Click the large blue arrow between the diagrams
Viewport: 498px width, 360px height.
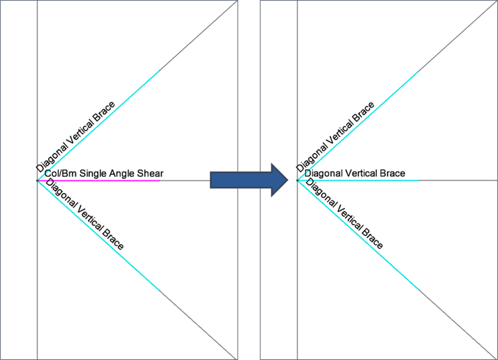[x=249, y=180]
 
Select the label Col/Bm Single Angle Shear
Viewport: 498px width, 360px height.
[x=104, y=174]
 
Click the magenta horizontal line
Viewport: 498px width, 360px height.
[x=99, y=180]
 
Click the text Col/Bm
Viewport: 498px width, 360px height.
[x=61, y=174]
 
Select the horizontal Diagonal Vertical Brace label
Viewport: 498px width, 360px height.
[x=355, y=173]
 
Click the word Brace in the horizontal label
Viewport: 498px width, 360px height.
[x=393, y=173]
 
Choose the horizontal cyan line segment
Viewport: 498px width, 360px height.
[x=358, y=180]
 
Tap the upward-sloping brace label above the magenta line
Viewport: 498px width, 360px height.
[x=75, y=137]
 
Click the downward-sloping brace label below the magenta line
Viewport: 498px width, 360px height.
[x=85, y=214]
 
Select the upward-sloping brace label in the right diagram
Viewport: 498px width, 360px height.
[x=335, y=137]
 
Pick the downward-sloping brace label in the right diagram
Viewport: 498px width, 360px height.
[x=345, y=214]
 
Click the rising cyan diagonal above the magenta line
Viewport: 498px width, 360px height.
[x=99, y=125]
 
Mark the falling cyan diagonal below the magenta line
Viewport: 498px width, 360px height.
[x=99, y=235]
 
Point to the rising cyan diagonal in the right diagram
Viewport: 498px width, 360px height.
[x=359, y=125]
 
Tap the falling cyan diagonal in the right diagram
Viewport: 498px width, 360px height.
[x=359, y=235]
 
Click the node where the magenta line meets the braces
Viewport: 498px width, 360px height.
[x=37, y=180]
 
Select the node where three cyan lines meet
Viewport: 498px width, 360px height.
[x=298, y=180]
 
